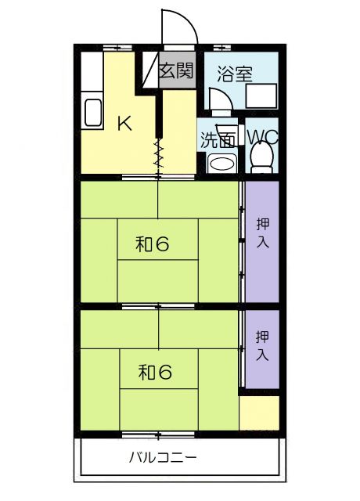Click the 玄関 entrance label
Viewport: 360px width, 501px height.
(x=176, y=70)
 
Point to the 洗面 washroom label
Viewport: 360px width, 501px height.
(x=217, y=141)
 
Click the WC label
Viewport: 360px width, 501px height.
(x=262, y=138)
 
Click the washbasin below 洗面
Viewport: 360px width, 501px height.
(x=221, y=163)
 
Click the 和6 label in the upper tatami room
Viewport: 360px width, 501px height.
(x=153, y=245)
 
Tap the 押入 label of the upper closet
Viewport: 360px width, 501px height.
(x=262, y=232)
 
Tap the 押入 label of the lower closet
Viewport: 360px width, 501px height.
(x=262, y=347)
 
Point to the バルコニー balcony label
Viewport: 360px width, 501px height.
(x=163, y=459)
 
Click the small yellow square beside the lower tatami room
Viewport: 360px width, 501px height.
(x=259, y=413)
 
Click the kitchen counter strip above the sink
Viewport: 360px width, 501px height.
(x=89, y=74)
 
